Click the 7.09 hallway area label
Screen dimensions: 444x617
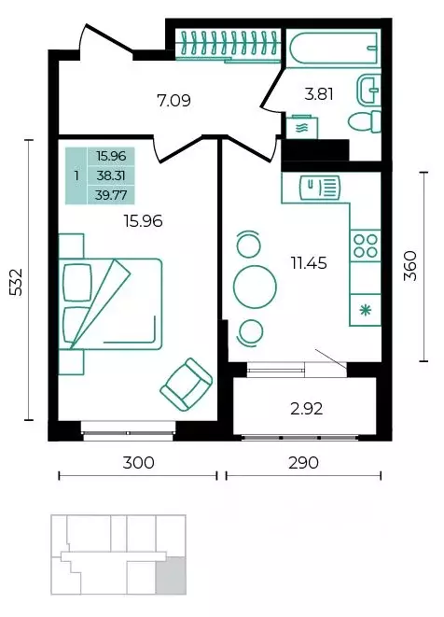coord(173,100)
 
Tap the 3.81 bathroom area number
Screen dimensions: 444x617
coord(319,94)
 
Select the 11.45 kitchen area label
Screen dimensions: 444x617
coord(309,263)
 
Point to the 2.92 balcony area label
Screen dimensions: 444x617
coord(307,409)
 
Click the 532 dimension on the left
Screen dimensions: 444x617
coord(17,282)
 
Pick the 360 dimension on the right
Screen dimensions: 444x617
coord(409,266)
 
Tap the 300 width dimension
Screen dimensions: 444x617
coord(138,463)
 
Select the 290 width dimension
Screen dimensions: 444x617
coord(303,463)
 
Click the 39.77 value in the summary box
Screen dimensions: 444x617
coord(111,195)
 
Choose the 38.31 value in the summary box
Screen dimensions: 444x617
coord(111,175)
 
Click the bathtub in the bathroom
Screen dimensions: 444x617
coord(334,48)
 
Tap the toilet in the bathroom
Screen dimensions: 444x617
coord(365,121)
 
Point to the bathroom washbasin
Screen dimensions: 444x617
coord(368,91)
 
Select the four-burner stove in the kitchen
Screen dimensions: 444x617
coord(366,245)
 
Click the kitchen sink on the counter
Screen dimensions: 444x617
coord(320,189)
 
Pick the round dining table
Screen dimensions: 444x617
coord(255,287)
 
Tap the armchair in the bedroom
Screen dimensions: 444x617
coord(187,385)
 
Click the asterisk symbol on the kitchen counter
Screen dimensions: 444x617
coord(366,311)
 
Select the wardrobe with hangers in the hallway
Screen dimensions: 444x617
coord(229,45)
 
